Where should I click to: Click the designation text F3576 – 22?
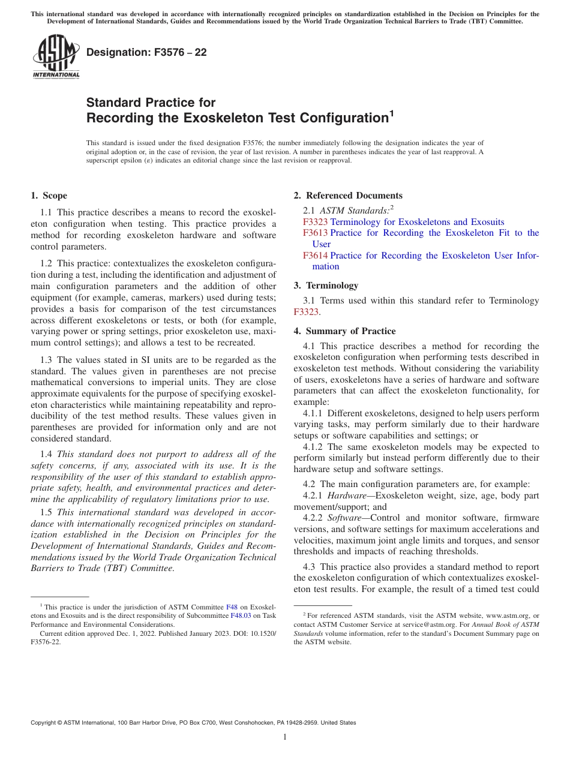[x=146, y=52]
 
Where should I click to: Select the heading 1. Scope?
[x=49, y=196]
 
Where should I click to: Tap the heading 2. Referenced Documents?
[x=348, y=196]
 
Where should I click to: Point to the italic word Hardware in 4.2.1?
[x=343, y=496]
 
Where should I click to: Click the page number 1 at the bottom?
[x=285, y=737]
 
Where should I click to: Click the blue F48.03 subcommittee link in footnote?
[x=239, y=615]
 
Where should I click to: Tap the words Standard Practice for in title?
[x=151, y=103]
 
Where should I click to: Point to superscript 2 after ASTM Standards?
[x=392, y=207]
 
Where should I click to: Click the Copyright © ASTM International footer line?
[x=193, y=723]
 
